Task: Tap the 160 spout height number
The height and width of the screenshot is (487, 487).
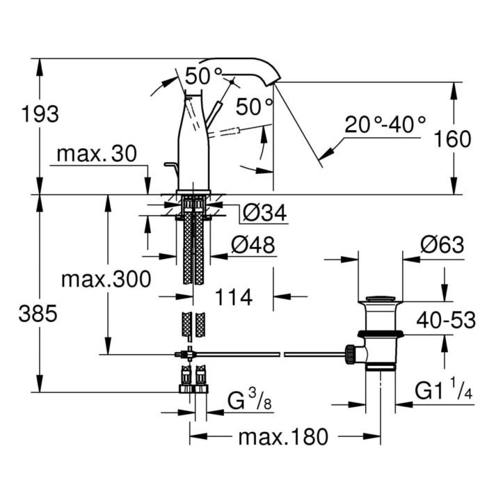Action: click(x=453, y=139)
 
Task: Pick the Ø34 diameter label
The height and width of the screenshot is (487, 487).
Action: click(x=264, y=214)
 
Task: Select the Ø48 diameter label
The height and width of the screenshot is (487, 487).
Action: click(x=253, y=244)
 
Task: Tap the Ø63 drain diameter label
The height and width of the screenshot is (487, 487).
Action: click(x=442, y=245)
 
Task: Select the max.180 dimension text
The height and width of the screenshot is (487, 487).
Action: click(x=282, y=438)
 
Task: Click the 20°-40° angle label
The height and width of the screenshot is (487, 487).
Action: click(x=385, y=125)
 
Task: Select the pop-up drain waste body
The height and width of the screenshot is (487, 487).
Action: click(x=379, y=334)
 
